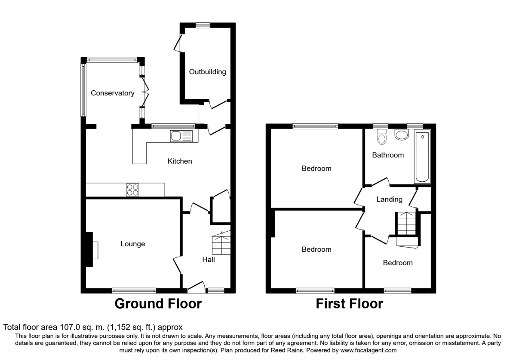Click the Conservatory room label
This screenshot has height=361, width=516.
tap(112, 93)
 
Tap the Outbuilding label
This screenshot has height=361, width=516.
tap(207, 72)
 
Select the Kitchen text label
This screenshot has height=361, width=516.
tap(180, 161)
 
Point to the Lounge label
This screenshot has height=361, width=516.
tap(132, 244)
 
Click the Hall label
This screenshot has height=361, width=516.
tap(209, 260)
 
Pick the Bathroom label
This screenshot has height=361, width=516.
tap(388, 155)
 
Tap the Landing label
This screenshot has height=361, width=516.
tap(389, 199)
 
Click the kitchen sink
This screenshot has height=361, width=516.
tap(181, 136)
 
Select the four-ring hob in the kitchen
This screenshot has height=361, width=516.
tap(132, 190)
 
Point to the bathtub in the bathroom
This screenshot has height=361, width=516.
tap(422, 158)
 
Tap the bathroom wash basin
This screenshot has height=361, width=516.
tap(402, 135)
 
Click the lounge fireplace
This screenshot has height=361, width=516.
tap(92, 250)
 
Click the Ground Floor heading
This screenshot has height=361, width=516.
tap(158, 304)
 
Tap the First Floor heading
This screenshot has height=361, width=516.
tap(349, 304)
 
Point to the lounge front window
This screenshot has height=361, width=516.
tap(134, 291)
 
